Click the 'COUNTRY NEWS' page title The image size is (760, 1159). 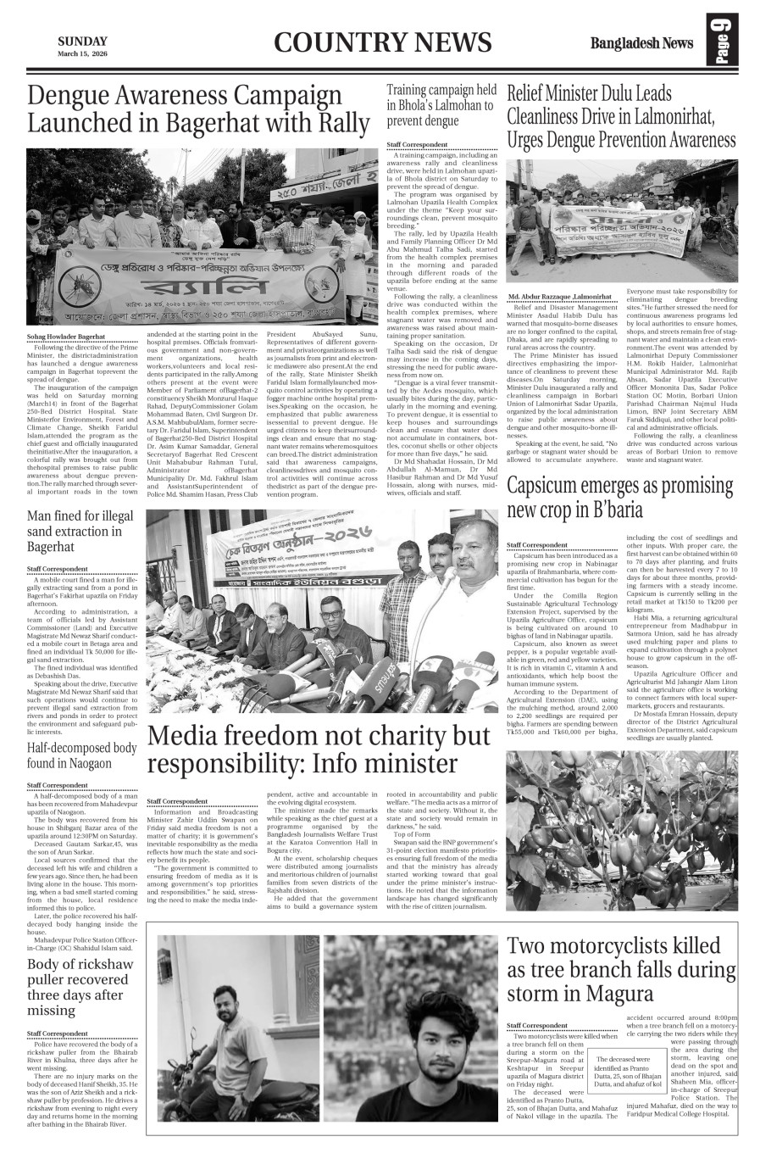[382, 42]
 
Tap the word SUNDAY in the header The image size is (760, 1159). [82, 42]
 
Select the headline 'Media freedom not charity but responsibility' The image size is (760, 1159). [319, 749]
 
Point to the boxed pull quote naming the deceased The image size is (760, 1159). [624, 1070]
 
